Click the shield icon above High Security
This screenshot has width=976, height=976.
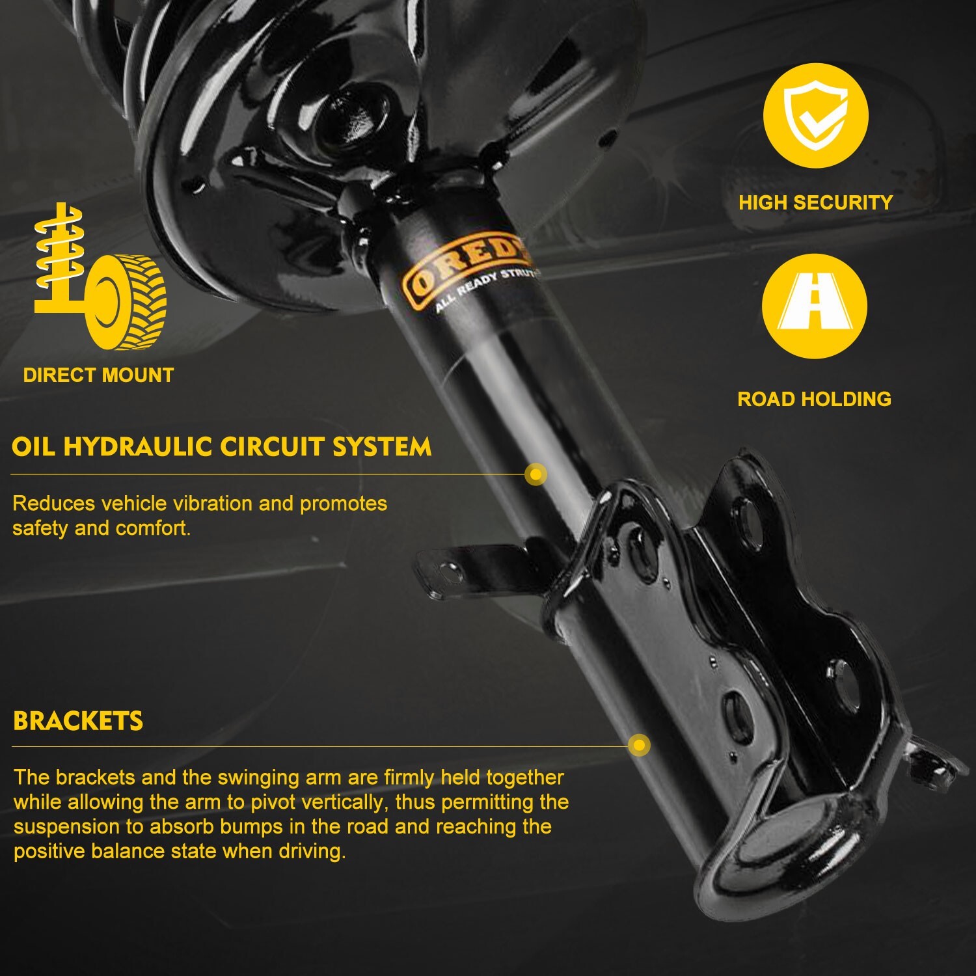click(815, 115)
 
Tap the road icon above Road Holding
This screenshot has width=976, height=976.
click(815, 306)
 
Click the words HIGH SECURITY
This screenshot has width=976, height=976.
click(815, 202)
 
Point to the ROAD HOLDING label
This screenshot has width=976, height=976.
click(814, 399)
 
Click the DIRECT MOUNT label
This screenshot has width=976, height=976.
click(98, 375)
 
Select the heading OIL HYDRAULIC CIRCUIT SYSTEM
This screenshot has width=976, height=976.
click(221, 447)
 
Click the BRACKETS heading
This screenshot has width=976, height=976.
click(78, 721)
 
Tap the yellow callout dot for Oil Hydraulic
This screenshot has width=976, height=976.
click(535, 475)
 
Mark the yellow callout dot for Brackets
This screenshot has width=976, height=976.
click(640, 745)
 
